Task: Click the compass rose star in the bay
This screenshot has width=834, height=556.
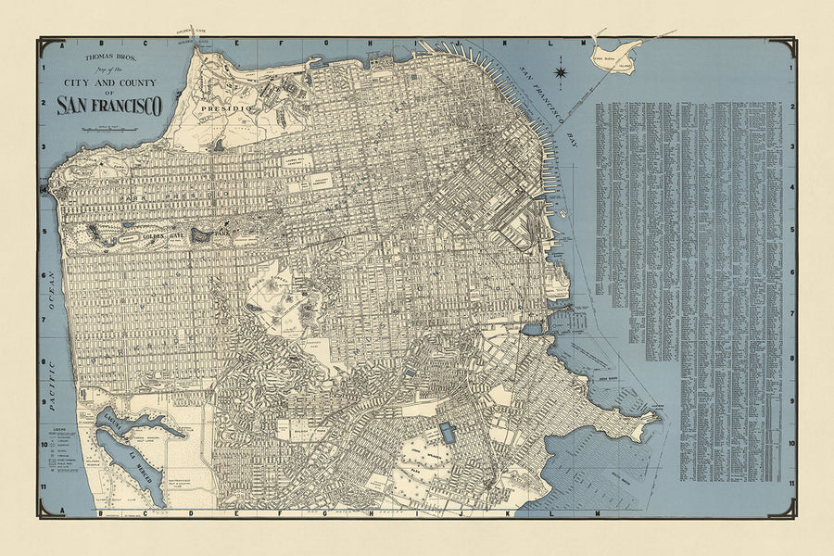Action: [561, 69]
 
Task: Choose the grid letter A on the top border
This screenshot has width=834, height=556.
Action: [58, 44]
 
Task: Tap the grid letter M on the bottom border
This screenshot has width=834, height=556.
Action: [596, 512]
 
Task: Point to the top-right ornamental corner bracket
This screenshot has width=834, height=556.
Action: [790, 44]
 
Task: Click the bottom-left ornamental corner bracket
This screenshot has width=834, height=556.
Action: [44, 511]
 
